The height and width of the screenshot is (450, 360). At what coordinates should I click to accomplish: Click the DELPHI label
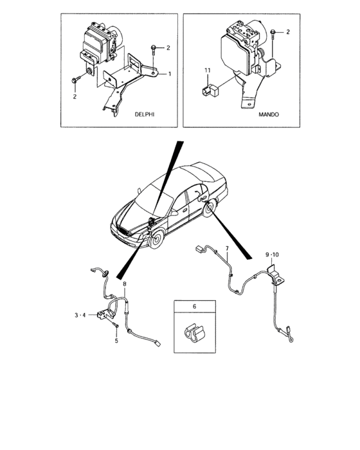point(145,114)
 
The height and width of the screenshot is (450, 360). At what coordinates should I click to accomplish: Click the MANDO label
point(269,114)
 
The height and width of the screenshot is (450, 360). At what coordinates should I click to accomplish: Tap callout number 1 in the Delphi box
point(170,74)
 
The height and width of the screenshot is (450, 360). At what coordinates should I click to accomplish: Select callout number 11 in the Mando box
point(208,70)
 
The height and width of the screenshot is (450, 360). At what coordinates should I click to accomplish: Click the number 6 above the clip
point(194,307)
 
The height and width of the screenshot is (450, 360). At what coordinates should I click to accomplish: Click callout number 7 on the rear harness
point(227,248)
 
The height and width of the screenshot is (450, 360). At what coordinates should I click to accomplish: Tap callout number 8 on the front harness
point(125,284)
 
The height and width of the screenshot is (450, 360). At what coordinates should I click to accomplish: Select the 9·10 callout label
point(272,255)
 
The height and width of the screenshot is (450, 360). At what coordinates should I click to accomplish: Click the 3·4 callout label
point(80,315)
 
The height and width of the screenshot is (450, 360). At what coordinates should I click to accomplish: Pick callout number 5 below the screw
point(116,341)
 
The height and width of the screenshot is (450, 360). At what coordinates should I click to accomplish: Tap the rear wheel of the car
point(210,208)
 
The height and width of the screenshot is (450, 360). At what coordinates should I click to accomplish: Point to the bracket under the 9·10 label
point(276,275)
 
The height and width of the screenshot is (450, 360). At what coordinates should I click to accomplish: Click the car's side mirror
point(174,213)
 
